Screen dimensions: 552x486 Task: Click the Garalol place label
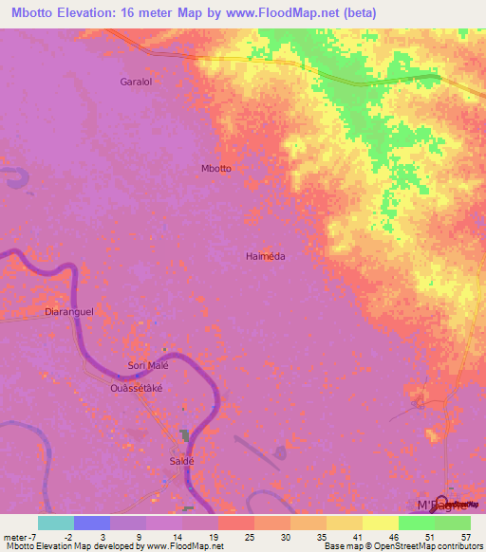click(x=136, y=82)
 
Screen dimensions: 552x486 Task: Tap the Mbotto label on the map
click(x=216, y=168)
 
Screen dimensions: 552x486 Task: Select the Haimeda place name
click(x=266, y=256)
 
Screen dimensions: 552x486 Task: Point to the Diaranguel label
click(x=70, y=310)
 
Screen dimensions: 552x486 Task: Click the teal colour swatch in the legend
click(x=55, y=523)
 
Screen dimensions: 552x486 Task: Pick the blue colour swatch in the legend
click(x=91, y=523)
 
